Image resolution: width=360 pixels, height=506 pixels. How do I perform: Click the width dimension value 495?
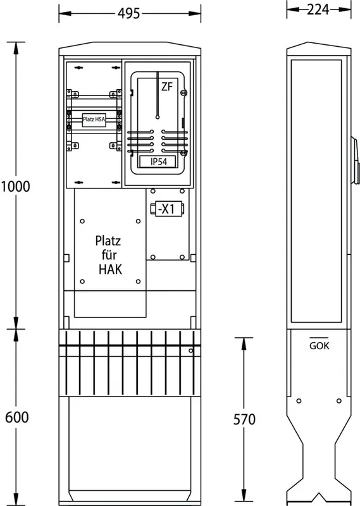point(129,13)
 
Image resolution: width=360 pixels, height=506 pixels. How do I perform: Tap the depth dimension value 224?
point(318,9)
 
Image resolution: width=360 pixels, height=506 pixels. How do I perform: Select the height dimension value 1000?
point(15,187)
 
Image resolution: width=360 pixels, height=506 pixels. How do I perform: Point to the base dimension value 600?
point(17,417)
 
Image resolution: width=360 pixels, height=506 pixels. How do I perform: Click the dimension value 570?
point(244,419)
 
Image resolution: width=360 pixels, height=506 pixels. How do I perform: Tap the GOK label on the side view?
point(320,345)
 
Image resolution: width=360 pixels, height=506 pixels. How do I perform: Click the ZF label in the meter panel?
point(167,87)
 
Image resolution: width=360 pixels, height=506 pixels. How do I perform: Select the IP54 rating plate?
point(158,162)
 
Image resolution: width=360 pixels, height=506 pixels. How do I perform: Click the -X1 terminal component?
point(167,209)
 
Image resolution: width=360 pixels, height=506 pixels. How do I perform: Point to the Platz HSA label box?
point(94,120)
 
